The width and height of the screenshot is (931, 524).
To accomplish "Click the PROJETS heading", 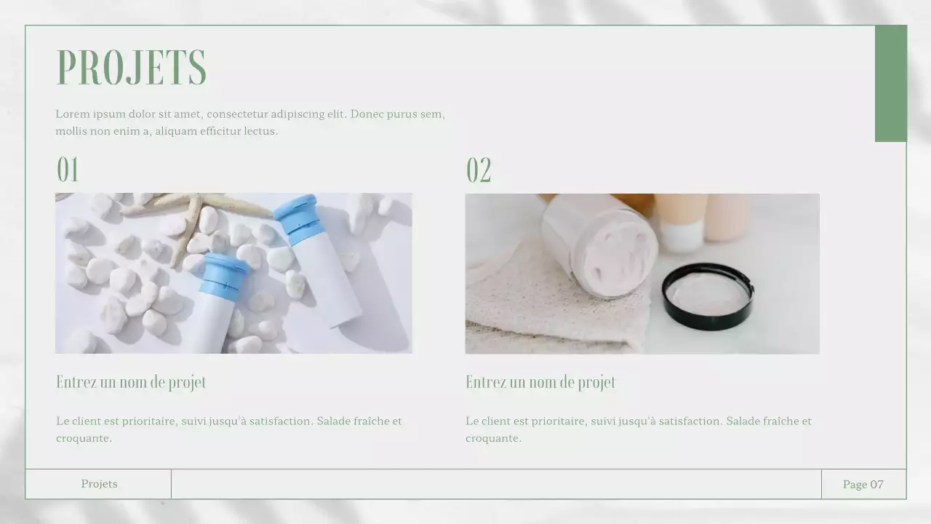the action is [132, 68].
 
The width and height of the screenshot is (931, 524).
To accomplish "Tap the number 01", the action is [68, 170].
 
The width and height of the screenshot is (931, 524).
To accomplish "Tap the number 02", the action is [479, 170].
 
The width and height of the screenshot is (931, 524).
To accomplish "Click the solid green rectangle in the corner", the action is [891, 84].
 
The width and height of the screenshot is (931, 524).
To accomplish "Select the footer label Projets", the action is [100, 484].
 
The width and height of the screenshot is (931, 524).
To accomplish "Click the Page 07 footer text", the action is [863, 484].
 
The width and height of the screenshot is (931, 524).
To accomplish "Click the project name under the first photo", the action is [131, 382].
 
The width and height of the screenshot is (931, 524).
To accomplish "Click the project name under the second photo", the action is [540, 382].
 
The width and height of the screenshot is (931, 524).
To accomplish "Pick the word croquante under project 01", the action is [84, 438].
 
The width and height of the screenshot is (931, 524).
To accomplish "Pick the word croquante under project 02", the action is [493, 438].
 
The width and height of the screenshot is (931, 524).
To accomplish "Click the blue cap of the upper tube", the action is [298, 220].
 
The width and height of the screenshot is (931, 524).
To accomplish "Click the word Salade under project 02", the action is [746, 421].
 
